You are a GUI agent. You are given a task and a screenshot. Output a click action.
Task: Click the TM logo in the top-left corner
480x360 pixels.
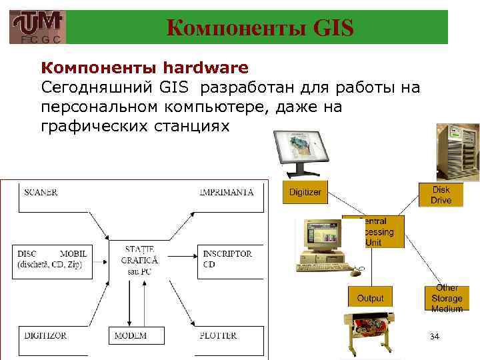[38, 27]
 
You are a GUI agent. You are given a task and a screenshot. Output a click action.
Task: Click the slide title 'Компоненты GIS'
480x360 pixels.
[259, 27]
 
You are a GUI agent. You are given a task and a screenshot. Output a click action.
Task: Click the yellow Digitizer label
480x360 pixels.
[305, 192]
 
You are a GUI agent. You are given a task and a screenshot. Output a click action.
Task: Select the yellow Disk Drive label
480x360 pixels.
[440, 195]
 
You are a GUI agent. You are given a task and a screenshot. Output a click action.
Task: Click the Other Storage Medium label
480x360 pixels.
[446, 298]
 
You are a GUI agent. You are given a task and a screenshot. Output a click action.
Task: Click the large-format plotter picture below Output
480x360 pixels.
[367, 333]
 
